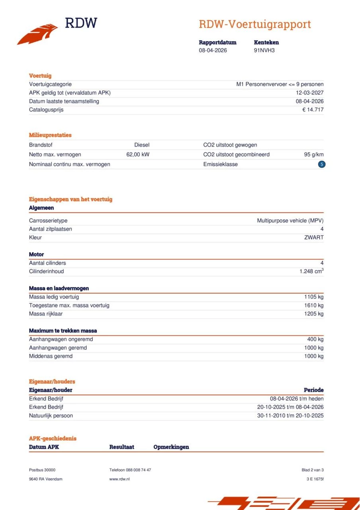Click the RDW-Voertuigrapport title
tap(254, 24)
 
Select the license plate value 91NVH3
tap(264, 51)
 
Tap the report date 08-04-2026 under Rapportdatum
tap(213, 51)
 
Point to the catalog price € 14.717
tap(313, 110)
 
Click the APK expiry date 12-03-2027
tap(309, 93)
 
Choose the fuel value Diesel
tap(142, 145)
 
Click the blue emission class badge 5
tap(322, 164)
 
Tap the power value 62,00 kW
tap(138, 155)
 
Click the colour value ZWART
tap(314, 237)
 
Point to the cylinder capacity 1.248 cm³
tap(311, 271)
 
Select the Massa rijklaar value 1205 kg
tap(314, 314)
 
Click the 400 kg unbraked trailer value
tap(315, 339)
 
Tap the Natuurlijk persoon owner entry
tap(51, 416)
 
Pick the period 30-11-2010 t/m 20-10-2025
tap(290, 416)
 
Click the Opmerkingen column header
tap(171, 447)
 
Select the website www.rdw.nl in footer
tap(119, 479)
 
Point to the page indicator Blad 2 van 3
tap(313, 470)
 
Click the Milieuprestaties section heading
tap(50, 135)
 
